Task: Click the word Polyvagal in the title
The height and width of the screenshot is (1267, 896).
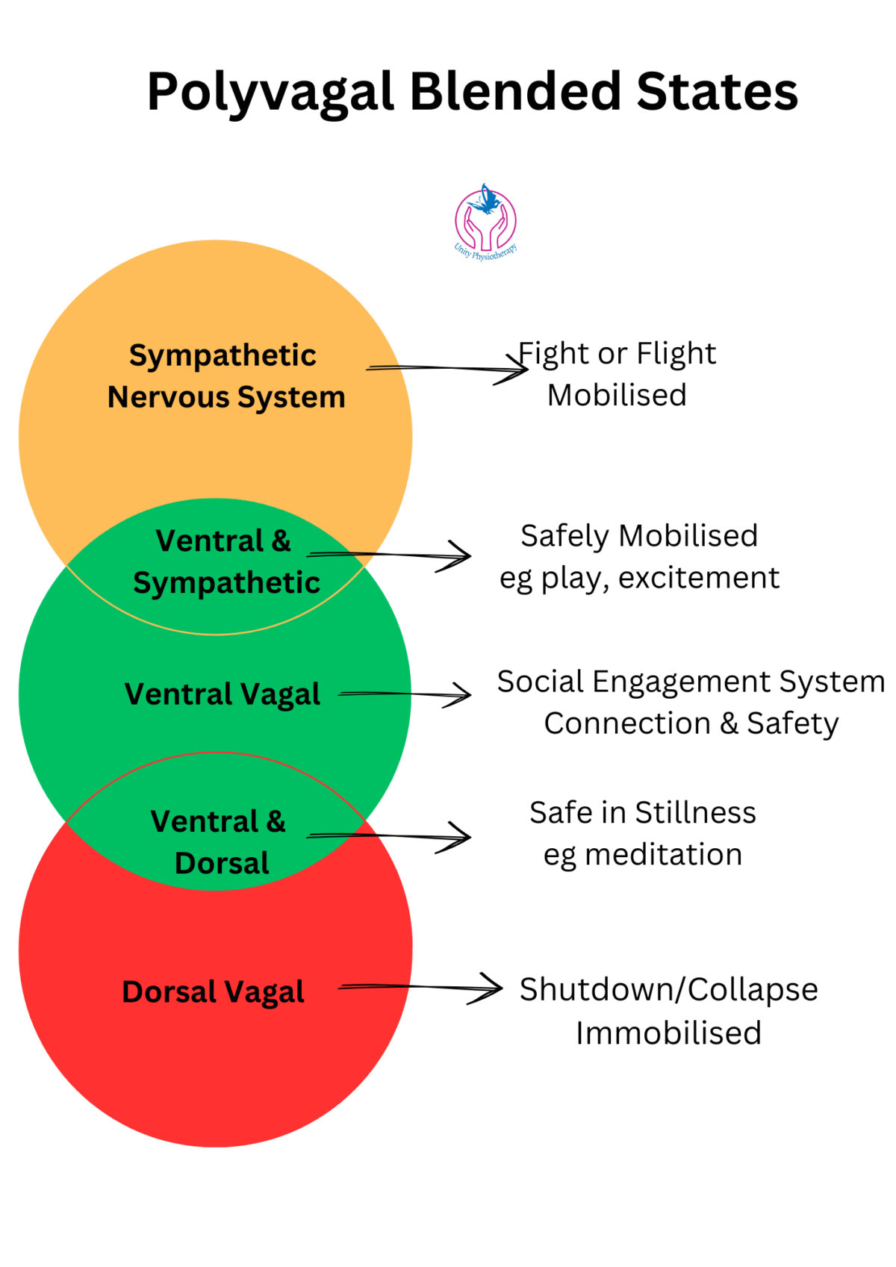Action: click(x=270, y=93)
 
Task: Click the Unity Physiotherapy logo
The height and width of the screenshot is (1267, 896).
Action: click(x=486, y=222)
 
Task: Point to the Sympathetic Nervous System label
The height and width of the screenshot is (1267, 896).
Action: click(x=225, y=376)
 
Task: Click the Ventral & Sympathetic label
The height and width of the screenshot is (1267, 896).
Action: click(x=225, y=561)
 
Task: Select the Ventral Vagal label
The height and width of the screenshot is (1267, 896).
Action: click(x=222, y=694)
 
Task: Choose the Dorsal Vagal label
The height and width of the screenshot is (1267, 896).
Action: click(x=213, y=992)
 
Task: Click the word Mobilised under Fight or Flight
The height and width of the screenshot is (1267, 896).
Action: click(x=617, y=396)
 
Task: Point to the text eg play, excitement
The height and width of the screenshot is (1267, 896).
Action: click(x=639, y=578)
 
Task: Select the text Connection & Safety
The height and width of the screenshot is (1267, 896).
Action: click(x=691, y=723)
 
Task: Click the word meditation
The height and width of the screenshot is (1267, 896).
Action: click(x=663, y=855)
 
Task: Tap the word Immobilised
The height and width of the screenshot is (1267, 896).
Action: click(x=668, y=1033)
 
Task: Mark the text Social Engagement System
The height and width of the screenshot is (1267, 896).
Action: click(x=691, y=682)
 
